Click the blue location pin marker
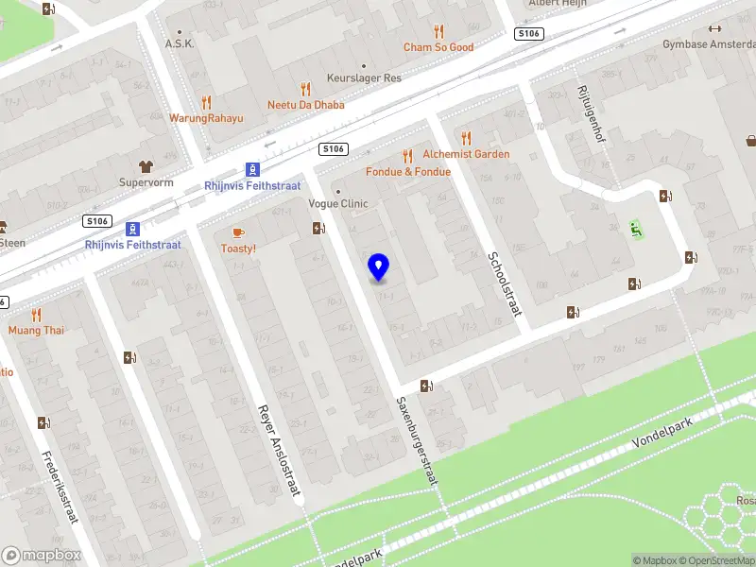coord(379,266)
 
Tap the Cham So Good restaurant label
coord(438,47)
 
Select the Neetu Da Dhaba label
coord(305,105)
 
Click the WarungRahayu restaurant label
coord(206,118)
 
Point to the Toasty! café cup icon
coord(238,232)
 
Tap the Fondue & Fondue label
coord(408,172)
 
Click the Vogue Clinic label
coord(337,203)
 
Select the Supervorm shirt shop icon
coord(146,166)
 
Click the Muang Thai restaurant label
coord(36,330)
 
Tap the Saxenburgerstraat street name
coord(417,440)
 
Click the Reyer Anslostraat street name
coord(278,452)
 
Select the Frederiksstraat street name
coord(59,488)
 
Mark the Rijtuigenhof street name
coord(591,114)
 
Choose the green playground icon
coord(636,228)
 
